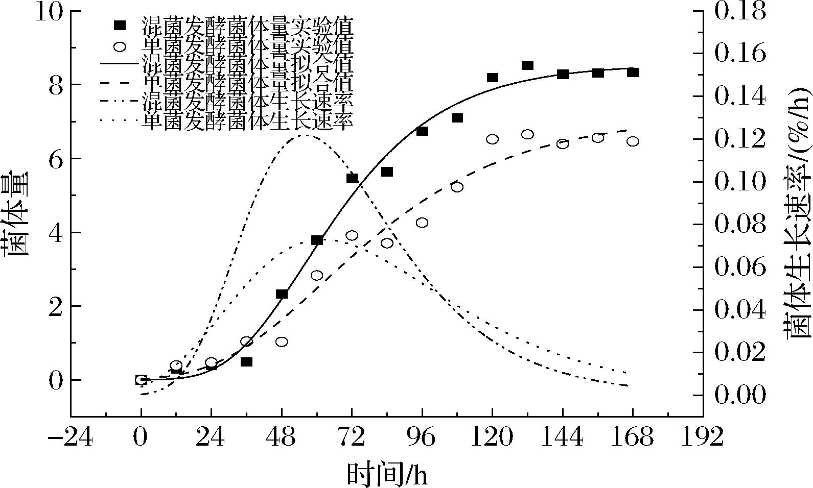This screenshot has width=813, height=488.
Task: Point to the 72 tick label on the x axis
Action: (x=352, y=437)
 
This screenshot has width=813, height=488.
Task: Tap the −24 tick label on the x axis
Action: (x=71, y=437)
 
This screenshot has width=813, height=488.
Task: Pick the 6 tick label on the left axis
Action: (x=56, y=159)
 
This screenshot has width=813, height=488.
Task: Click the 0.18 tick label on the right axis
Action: (x=740, y=11)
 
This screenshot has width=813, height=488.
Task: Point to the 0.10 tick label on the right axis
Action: (x=740, y=182)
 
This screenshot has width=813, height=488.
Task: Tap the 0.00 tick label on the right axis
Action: (x=740, y=395)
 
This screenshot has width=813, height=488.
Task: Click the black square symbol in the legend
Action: (x=120, y=25)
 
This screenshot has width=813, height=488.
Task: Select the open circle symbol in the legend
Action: (x=120, y=46)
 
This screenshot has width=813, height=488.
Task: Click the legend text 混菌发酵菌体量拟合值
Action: (x=247, y=64)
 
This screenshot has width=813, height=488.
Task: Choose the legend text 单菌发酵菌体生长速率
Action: (x=247, y=121)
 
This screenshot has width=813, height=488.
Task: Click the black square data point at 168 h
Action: (x=633, y=72)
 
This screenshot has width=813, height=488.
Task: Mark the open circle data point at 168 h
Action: (x=633, y=141)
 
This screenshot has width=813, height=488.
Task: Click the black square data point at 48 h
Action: (x=282, y=294)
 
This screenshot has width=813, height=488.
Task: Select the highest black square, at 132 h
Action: (x=527, y=65)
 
